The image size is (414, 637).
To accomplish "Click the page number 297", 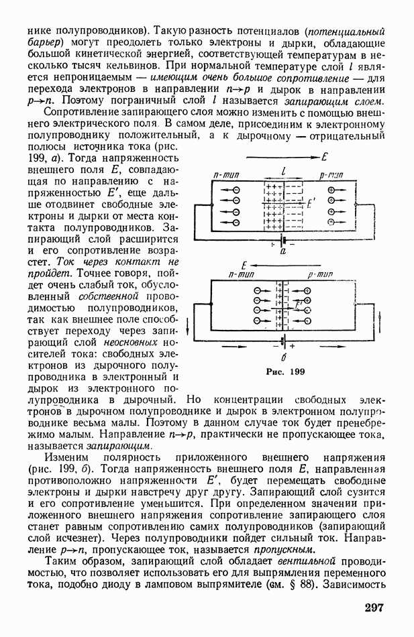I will point(374,608).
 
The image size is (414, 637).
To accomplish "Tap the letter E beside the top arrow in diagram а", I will point(324,158).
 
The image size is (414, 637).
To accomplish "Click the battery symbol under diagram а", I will point(283,240).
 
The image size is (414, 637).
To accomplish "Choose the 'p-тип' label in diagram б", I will point(320,274).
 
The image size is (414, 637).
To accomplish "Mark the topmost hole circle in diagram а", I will point(331,190).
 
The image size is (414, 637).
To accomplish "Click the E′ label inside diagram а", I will point(310,200).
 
